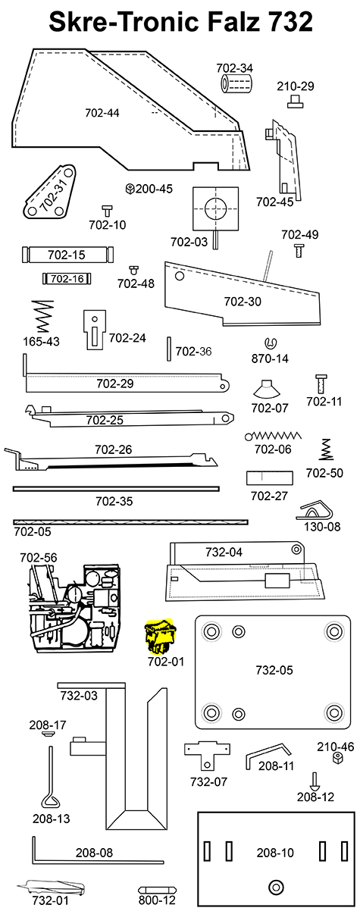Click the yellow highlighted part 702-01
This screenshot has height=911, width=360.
(x=159, y=637)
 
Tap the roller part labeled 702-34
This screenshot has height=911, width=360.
(x=235, y=84)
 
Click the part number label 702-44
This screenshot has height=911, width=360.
(x=102, y=113)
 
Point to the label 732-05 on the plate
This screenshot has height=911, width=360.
(x=274, y=670)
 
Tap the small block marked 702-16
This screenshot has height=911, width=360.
(x=67, y=279)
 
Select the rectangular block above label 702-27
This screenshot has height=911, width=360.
(x=270, y=479)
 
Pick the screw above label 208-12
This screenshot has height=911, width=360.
(x=315, y=781)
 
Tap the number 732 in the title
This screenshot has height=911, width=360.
(x=286, y=23)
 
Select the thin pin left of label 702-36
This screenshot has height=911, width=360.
(x=167, y=352)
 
